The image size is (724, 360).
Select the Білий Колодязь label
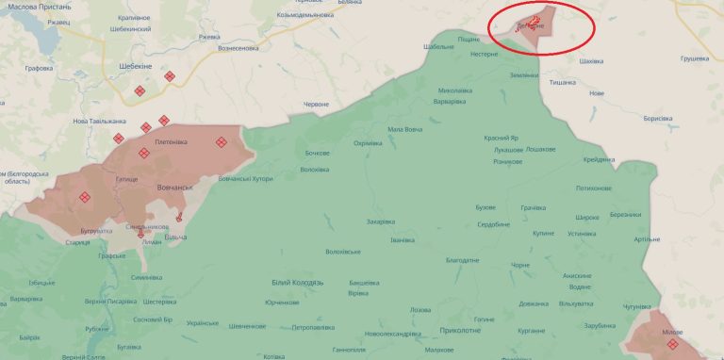[297, 282]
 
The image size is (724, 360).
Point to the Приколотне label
[460, 330]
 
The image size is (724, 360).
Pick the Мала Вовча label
[405, 130]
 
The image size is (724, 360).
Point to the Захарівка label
[381, 221]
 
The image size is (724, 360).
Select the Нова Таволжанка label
[99, 121]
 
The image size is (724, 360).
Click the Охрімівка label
[367, 143]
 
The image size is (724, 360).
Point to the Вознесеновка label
[238, 47]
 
